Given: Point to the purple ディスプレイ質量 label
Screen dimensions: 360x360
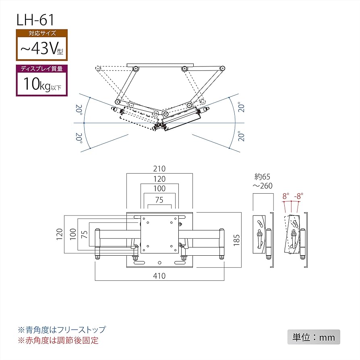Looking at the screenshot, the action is coord(42,68).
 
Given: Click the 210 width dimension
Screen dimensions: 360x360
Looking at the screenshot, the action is coord(159,169).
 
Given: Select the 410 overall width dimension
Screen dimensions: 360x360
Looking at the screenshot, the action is coord(159,276).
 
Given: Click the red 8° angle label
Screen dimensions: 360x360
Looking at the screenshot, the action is coord(286,197).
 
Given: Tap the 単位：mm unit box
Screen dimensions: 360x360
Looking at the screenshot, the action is coord(314,337).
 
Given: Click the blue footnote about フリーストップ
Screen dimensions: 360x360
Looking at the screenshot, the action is coord(61,329).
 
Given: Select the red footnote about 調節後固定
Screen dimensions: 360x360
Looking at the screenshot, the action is coord(58,340).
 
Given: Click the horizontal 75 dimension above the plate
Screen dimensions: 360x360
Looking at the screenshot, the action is coord(159,200).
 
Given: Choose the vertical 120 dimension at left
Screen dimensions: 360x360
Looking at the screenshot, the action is coord(60,234).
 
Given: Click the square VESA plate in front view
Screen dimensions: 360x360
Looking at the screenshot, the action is coord(159,236).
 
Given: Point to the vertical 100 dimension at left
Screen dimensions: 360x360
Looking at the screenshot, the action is coord(72,234).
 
